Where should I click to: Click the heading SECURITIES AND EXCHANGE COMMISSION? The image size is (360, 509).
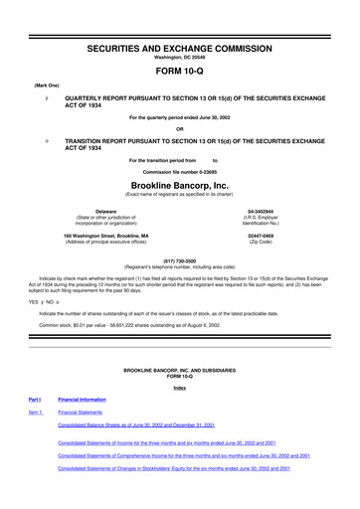[x=180, y=21]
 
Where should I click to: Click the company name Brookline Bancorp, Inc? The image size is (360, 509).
[x=180, y=186]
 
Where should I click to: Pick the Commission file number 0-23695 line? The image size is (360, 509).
[x=180, y=172]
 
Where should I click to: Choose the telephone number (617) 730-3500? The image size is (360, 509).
[x=180, y=257]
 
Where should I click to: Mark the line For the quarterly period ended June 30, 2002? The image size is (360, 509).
[x=180, y=115]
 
